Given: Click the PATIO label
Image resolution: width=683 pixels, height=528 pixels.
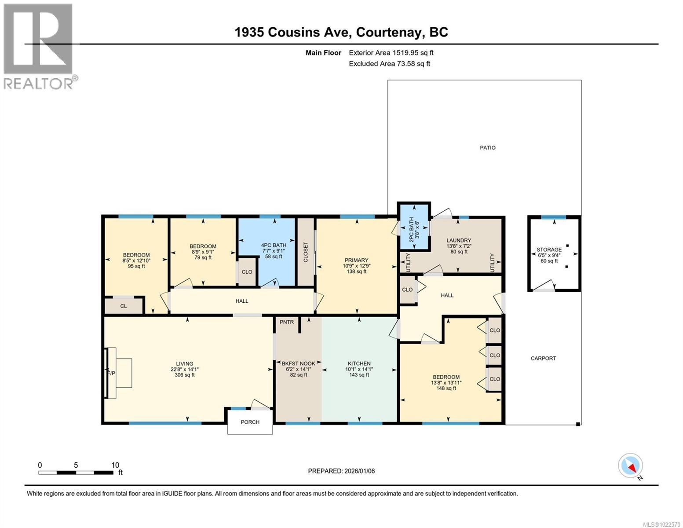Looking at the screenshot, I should pos(487,148).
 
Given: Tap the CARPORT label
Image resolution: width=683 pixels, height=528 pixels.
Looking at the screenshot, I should pos(543,358).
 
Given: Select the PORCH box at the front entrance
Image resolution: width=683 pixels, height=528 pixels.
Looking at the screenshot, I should pos(250,422).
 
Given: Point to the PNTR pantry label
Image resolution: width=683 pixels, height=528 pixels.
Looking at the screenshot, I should pos(287,322).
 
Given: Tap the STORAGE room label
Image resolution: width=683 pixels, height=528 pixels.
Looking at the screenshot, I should pos(549,249).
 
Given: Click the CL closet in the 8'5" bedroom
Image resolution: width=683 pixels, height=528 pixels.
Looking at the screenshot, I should pos(124,306).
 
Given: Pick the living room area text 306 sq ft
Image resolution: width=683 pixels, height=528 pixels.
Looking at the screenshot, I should pos(185,375).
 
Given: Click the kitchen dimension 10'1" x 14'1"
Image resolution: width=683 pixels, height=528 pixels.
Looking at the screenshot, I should pos(359,369).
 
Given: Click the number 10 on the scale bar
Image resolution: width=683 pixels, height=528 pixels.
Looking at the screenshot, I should pos(115,465).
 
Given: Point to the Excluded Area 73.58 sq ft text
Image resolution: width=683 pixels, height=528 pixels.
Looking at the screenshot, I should pos(389,64).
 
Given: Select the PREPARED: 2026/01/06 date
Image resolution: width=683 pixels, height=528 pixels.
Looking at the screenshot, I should pos(341,471).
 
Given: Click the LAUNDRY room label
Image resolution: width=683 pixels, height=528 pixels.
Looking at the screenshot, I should pos(459,241).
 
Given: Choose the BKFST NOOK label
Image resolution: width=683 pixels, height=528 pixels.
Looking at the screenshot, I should pos(299,363).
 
